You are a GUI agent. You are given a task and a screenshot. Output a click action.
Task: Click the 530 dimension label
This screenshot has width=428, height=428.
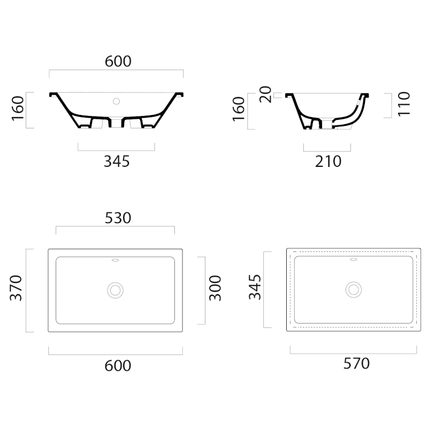click(x=118, y=218)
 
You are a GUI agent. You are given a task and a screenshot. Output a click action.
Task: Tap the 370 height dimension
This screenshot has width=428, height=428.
click(x=16, y=288)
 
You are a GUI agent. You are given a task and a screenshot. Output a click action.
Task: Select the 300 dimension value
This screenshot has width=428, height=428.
click(x=215, y=288)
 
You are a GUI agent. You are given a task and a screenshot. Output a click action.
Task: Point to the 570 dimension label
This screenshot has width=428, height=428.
click(x=356, y=363)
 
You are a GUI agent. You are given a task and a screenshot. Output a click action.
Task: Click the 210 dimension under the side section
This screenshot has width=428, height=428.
click(x=328, y=162)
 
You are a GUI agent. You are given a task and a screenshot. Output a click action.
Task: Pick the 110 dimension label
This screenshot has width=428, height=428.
click(x=404, y=104)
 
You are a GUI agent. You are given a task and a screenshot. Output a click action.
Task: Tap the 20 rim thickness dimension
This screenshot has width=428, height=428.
click(x=265, y=95)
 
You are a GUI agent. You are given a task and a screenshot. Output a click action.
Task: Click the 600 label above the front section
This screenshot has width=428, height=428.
click(x=118, y=61)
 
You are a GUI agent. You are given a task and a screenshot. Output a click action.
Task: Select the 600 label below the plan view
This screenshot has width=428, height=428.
click(x=118, y=365)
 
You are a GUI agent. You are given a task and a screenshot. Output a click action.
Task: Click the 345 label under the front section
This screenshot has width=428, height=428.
click(x=117, y=162)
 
